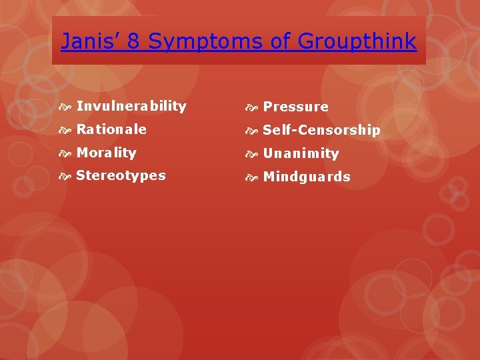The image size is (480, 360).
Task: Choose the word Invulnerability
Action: (131, 106)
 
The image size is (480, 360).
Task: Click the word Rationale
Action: (111, 129)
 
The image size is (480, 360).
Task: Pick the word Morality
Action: (106, 153)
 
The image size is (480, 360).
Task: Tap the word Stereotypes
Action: (121, 176)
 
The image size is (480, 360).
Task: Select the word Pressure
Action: (295, 107)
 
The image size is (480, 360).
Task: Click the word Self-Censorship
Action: (321, 130)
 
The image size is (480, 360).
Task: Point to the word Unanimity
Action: (301, 153)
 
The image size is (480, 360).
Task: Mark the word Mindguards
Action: (307, 177)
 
